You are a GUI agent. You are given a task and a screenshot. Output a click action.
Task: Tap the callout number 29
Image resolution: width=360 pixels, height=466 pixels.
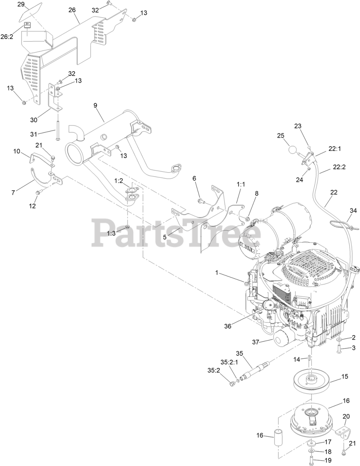click(21, 4)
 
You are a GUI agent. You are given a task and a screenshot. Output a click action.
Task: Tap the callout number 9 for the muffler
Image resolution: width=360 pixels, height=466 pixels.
click(95, 106)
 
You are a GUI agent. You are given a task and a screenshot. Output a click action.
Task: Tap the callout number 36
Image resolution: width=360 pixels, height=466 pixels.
click(228, 326)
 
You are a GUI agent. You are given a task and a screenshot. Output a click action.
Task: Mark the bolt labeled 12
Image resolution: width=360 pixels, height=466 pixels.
click(38, 192)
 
